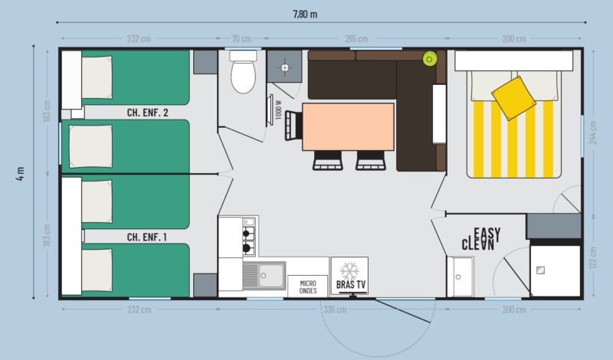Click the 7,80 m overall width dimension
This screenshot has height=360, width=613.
[x=305, y=15]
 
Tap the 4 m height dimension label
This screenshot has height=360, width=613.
[x=21, y=174]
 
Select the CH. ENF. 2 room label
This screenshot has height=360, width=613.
[x=147, y=113]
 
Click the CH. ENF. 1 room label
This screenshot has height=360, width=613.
[x=147, y=237]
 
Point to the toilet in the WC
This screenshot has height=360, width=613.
[x=243, y=72]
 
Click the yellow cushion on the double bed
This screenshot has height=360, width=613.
[x=513, y=98]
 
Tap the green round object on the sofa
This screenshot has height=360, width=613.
[x=429, y=59]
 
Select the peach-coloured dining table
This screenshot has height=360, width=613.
[x=348, y=126]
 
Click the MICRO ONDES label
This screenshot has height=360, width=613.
[x=308, y=287]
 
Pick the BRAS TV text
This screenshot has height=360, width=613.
[x=351, y=285]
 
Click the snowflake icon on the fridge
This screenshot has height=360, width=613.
[x=349, y=271]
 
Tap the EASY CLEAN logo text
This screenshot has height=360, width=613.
[x=481, y=239]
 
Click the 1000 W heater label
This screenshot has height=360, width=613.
[x=278, y=110]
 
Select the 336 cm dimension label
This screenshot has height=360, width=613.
[x=335, y=309]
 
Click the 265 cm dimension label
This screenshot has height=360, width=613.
[x=356, y=39]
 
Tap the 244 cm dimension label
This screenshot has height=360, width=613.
[x=593, y=133]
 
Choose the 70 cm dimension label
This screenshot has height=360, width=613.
[x=241, y=39]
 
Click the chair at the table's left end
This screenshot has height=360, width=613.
[x=293, y=126]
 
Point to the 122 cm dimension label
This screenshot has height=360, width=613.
[x=593, y=257]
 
